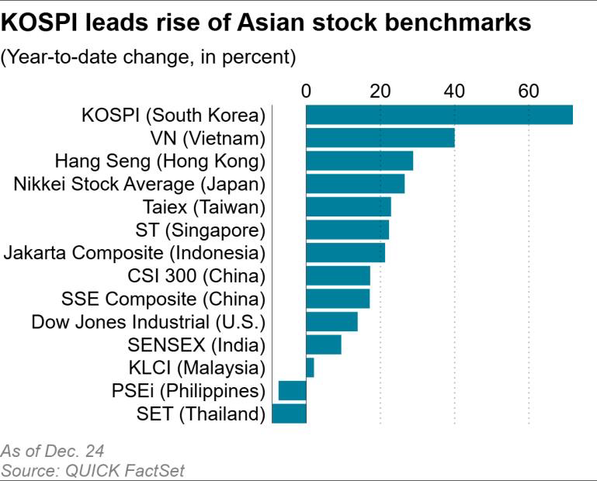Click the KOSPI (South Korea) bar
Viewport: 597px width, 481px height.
439,115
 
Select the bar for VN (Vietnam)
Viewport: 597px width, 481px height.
380,138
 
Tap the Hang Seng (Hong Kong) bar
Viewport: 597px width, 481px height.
359,161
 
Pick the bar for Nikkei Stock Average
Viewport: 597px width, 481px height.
355,184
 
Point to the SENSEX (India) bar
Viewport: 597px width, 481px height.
323,344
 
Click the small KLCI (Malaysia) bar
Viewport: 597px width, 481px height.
310,368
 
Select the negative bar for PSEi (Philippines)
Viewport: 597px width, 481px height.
293,390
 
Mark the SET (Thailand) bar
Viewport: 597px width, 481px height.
289,414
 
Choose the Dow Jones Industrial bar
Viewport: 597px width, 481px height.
331,321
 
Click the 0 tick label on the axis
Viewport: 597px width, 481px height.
306,91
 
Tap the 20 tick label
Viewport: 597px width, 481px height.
380,91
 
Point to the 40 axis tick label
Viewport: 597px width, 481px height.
454,91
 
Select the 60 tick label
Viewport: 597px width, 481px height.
529,91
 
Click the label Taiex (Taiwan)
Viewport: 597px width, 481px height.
204,207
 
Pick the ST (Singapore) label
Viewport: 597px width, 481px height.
200,230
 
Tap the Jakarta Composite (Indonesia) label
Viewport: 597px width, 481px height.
134,253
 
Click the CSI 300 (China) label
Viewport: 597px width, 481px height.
196,276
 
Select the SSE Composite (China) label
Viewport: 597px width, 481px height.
163,299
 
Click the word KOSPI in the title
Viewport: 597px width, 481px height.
36,23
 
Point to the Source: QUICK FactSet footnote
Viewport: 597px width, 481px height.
93,470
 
